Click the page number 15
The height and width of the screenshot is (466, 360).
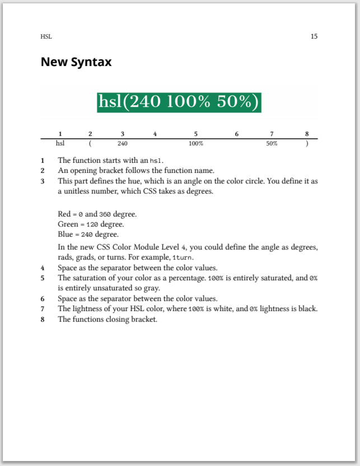pos(314,37)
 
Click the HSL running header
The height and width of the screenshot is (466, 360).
pos(46,37)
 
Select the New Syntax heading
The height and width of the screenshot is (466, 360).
pos(76,62)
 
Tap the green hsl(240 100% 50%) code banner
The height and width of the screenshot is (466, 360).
pos(180,102)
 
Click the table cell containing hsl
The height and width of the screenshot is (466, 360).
pos(60,143)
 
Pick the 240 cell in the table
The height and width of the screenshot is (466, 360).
pos(122,143)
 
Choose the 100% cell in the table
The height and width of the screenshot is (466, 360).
pos(195,143)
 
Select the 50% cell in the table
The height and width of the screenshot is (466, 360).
pos(272,143)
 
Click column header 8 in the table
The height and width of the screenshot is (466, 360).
pos(307,134)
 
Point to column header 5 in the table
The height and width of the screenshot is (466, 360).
pos(195,134)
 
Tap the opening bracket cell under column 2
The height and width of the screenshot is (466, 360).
pos(90,143)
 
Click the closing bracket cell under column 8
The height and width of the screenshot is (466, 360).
pos(307,143)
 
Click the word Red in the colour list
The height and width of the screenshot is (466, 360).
pos(64,214)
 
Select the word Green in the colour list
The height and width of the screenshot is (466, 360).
pos(68,224)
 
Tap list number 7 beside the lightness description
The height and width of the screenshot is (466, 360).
pos(43,308)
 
